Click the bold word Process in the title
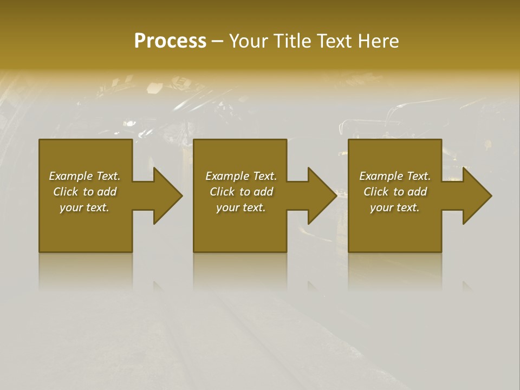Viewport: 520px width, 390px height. click(170, 41)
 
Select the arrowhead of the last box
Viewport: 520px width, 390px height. click(476, 196)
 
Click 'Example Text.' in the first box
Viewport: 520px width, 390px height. click(84, 176)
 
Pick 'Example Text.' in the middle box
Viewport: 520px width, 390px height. click(240, 176)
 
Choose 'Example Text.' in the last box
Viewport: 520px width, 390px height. click(395, 176)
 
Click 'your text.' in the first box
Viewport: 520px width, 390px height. click(84, 207)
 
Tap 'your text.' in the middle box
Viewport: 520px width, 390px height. click(240, 207)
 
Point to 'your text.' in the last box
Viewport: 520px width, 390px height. click(395, 207)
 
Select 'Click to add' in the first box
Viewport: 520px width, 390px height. click(84, 192)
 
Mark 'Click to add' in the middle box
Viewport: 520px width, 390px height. click(240, 192)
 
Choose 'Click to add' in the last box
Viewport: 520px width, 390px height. click(395, 192)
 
